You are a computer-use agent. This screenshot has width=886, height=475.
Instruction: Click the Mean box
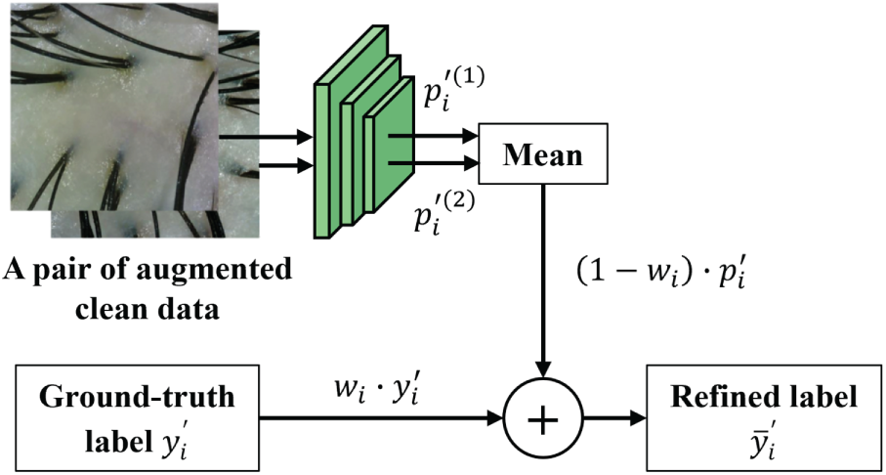tap(542, 153)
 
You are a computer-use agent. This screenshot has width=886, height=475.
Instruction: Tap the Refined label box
tap(763, 417)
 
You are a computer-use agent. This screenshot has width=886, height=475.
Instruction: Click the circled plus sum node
tap(543, 419)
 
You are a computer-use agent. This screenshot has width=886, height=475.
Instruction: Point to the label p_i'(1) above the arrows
tap(451, 91)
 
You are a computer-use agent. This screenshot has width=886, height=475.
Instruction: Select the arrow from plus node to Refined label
tap(614, 419)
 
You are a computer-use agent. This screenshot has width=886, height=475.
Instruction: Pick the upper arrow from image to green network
tap(266, 137)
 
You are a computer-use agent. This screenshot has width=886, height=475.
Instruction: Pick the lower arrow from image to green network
tap(286, 166)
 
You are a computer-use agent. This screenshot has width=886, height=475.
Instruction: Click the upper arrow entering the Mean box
tap(434, 136)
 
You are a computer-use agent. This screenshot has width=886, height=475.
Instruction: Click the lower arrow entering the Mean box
tap(434, 163)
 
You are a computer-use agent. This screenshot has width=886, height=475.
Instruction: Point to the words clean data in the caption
tap(148, 309)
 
